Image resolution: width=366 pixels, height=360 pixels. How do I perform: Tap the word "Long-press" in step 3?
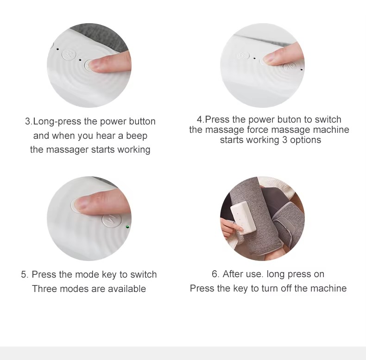pos(57,122)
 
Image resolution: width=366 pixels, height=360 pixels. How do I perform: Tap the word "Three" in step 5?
pos(44,289)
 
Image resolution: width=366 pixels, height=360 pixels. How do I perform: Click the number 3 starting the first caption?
pos(28,122)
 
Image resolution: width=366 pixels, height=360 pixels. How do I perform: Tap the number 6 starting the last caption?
pos(215,274)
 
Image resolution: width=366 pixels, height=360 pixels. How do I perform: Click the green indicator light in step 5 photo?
pos(127,227)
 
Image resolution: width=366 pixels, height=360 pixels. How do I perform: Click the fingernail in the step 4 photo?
pos(269,58)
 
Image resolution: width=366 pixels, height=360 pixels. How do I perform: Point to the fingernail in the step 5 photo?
pos(81,203)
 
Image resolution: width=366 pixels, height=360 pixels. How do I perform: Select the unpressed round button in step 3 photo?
pos(69,54)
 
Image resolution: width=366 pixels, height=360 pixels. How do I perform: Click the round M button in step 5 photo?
pos(112,219)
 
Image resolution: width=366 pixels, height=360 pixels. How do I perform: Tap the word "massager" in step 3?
pos(68,150)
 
